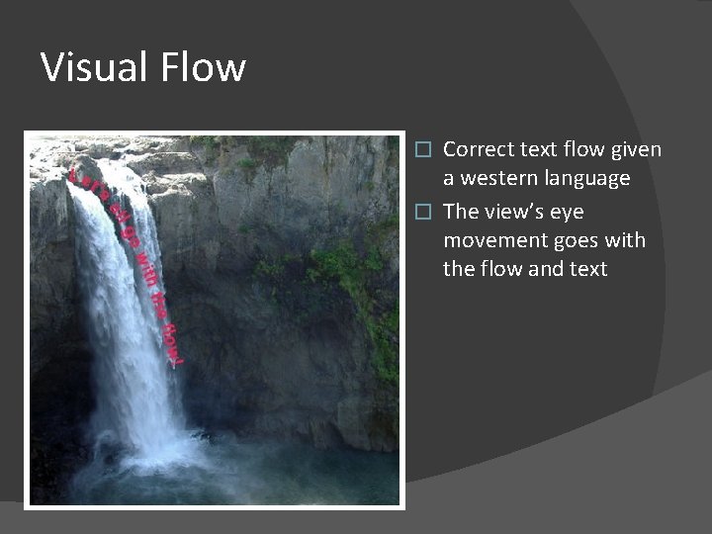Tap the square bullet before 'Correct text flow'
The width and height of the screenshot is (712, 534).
click(424, 150)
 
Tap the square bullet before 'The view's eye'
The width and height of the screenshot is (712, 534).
click(424, 213)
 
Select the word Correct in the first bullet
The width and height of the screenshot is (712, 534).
click(478, 149)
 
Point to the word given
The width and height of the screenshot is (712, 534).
click(637, 149)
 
